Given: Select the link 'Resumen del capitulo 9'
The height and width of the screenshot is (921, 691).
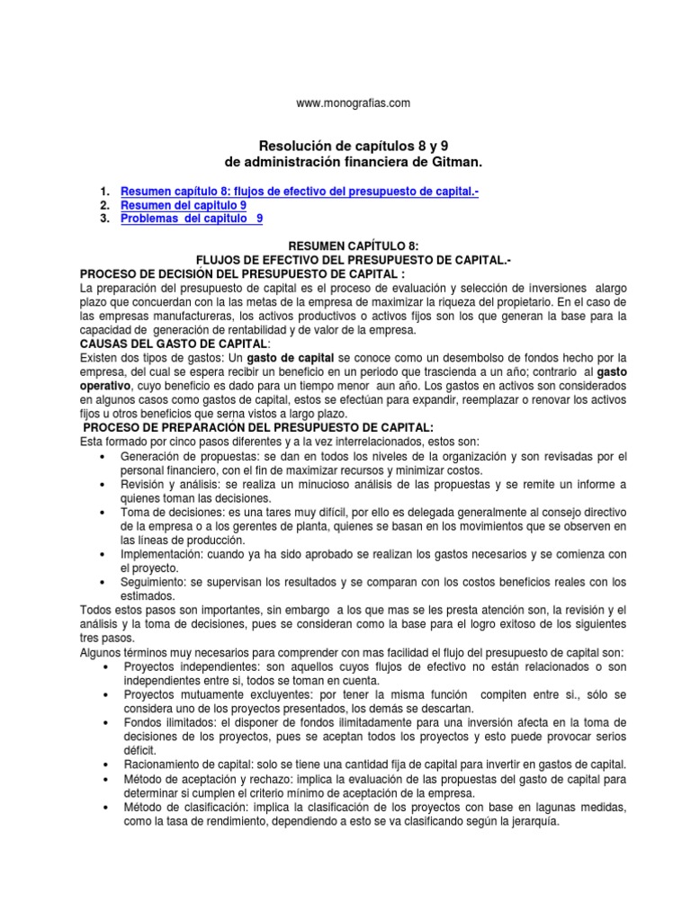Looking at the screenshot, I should (x=183, y=205).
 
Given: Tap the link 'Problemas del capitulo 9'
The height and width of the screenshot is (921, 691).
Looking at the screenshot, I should (x=193, y=219).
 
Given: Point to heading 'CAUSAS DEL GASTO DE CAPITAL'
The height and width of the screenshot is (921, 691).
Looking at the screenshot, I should (x=174, y=344).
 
